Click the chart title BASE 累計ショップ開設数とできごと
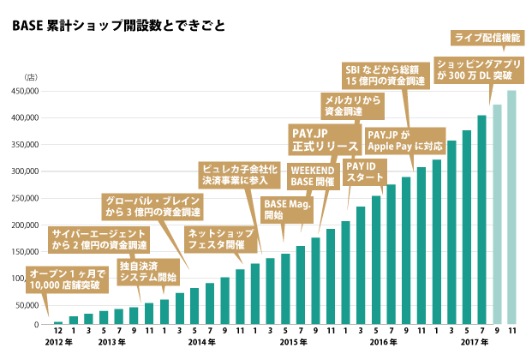(119, 25)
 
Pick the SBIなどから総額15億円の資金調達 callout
(383, 75)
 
